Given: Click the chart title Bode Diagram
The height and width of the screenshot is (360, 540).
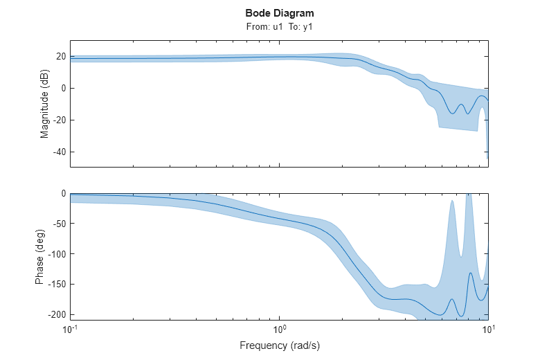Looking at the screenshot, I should click(x=279, y=13).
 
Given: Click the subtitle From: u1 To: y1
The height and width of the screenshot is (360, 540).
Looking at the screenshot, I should click(x=279, y=26).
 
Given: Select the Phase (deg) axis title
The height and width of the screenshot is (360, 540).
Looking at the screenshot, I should click(x=40, y=256).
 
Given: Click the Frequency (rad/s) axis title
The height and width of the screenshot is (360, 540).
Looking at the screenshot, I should click(x=279, y=345).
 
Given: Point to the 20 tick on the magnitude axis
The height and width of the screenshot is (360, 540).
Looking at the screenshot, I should click(x=60, y=56).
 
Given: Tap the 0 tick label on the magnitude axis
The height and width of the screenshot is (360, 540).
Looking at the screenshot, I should click(x=62, y=88).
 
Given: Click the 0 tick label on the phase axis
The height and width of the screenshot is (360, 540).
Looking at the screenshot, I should click(x=62, y=194).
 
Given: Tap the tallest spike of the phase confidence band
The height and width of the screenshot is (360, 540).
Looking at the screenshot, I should click(x=469, y=196).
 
